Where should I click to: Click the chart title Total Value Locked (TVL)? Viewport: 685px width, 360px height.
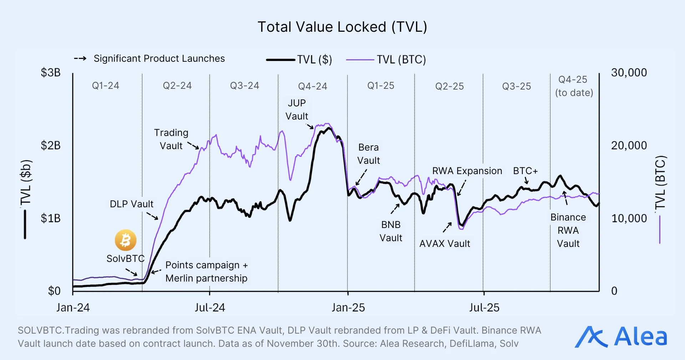342,27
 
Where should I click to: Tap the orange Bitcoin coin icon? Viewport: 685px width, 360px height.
126,240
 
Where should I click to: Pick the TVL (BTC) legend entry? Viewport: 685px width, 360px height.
386,60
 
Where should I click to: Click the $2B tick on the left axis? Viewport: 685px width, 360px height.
51,146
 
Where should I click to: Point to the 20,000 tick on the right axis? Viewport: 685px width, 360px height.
629,146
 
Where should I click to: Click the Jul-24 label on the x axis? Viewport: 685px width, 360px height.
210,308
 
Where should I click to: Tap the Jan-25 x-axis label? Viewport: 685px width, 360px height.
348,308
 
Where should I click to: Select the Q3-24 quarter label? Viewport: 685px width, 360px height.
244,86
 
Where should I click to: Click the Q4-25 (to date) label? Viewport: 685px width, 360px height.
574,86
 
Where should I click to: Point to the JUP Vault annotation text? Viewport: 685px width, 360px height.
296,110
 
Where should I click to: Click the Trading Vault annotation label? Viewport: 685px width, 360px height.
171,139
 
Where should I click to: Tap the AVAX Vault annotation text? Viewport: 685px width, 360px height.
445,244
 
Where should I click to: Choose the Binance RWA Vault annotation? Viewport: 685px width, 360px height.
568,230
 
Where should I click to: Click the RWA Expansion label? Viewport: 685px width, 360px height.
467,171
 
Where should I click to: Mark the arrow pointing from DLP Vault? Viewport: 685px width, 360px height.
152,216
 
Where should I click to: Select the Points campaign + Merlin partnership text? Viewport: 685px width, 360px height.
206,272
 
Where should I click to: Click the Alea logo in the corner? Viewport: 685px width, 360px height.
620,337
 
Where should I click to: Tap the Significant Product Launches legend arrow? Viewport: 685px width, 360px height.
80,59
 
